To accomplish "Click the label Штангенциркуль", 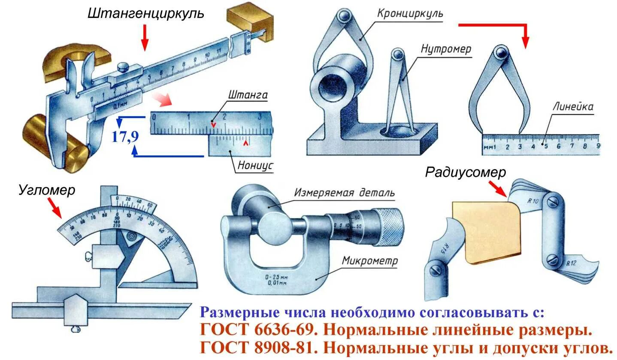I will click(145, 14).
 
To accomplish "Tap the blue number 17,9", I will click(125, 137).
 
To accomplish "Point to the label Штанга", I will click(248, 95).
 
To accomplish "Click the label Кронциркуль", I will click(410, 14).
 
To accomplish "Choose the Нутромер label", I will click(446, 49).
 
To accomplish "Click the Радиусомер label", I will click(466, 172).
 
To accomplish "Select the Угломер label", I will click(46, 190).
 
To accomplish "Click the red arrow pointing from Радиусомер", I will click(498, 189).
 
